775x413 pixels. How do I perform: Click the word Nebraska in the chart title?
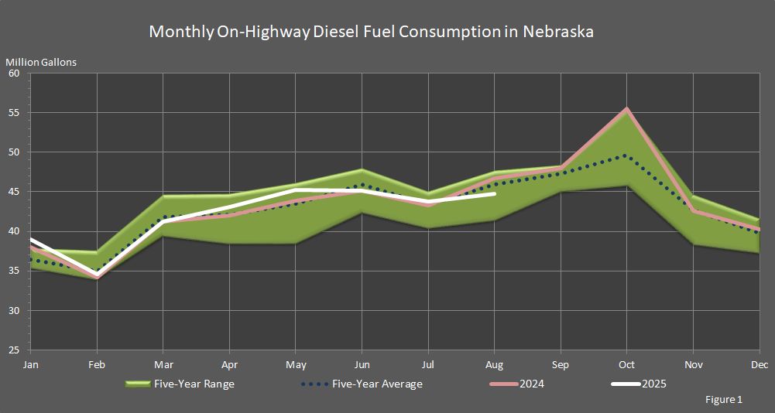[x=558, y=32]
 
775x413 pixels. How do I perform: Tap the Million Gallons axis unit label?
[x=41, y=62]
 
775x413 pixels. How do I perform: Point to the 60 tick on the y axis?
[x=14, y=73]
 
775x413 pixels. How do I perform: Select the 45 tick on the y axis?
[x=14, y=192]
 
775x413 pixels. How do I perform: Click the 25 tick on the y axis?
[x=14, y=350]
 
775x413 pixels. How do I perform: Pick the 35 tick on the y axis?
[x=14, y=271]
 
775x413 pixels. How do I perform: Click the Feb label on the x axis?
[x=97, y=364]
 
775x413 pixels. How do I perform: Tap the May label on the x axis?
[x=296, y=364]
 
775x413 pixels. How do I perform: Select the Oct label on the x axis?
[x=627, y=364]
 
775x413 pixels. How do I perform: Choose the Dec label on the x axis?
[x=760, y=364]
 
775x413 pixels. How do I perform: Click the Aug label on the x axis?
[x=495, y=364]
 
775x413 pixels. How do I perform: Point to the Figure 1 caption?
[x=724, y=400]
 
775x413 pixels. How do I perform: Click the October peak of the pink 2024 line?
[x=627, y=109]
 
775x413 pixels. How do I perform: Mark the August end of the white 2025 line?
[x=495, y=194]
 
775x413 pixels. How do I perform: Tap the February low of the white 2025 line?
[x=97, y=275]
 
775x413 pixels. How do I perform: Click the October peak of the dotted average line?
[x=626, y=155]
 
